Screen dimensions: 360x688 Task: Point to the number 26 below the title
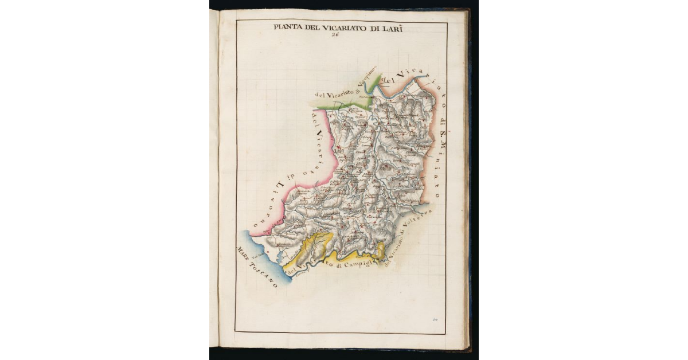(335, 34)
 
